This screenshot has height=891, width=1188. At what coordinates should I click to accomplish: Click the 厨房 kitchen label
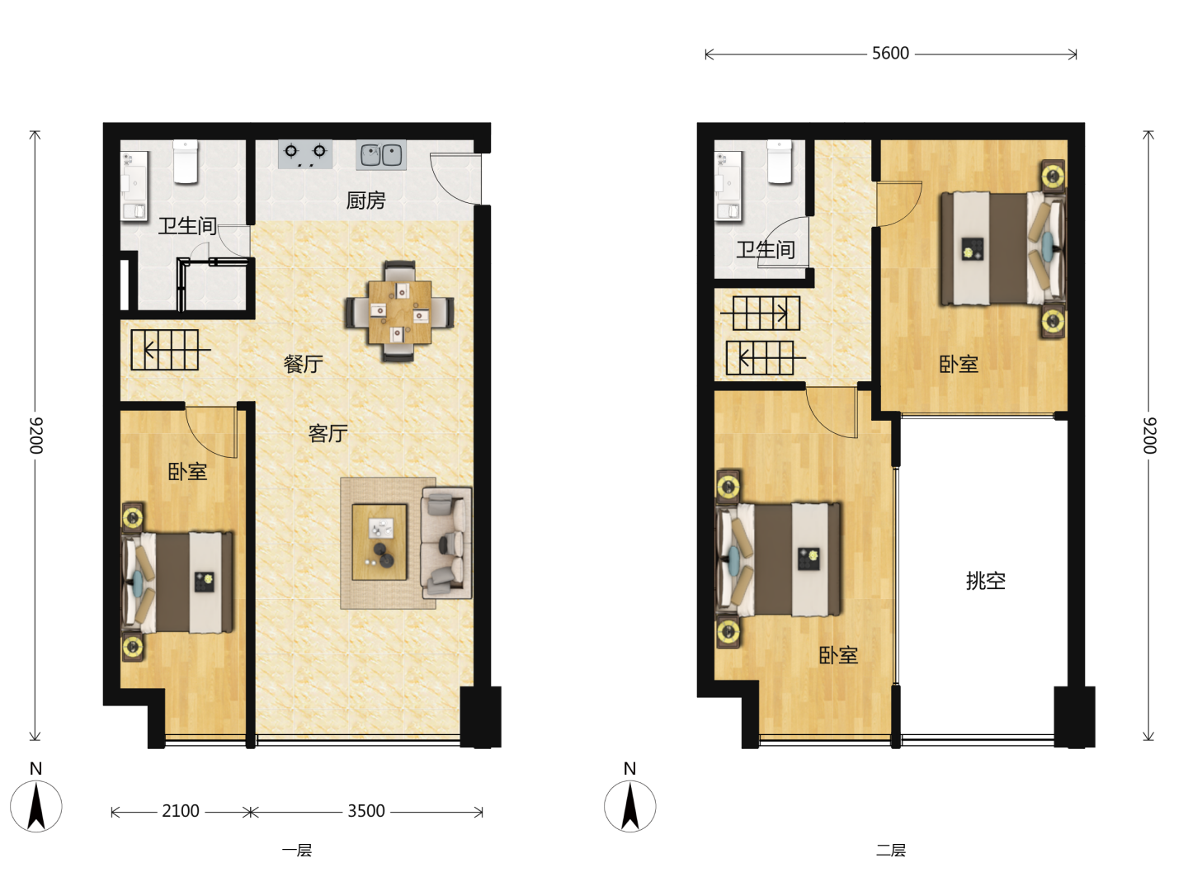point(365,200)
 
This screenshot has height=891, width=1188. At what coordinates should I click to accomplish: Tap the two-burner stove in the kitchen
point(305,154)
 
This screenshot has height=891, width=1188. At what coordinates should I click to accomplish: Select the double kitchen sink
point(381,155)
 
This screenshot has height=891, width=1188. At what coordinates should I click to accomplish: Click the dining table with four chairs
point(399,312)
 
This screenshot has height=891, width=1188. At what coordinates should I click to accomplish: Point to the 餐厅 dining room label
point(303,364)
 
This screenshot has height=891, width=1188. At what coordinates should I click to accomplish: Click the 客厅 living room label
point(328,433)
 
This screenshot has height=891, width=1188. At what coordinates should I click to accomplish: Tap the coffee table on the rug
point(379,542)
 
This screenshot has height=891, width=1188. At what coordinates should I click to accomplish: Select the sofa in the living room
point(446,543)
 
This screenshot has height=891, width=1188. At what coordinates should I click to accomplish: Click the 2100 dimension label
point(181,811)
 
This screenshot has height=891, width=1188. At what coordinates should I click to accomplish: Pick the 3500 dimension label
point(365,811)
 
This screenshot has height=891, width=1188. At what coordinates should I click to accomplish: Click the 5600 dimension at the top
point(890,54)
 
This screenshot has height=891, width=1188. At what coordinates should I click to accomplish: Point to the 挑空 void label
point(986,581)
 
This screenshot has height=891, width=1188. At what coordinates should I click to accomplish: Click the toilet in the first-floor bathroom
point(186,161)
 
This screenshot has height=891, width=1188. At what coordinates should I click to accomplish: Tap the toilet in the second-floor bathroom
point(780,161)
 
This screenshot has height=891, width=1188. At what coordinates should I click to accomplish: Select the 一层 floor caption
point(297,851)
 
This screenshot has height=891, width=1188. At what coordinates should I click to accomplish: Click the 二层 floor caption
point(890,851)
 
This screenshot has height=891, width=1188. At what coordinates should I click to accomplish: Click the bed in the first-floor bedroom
point(178,582)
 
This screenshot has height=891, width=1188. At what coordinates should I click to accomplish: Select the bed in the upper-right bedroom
point(1002,248)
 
